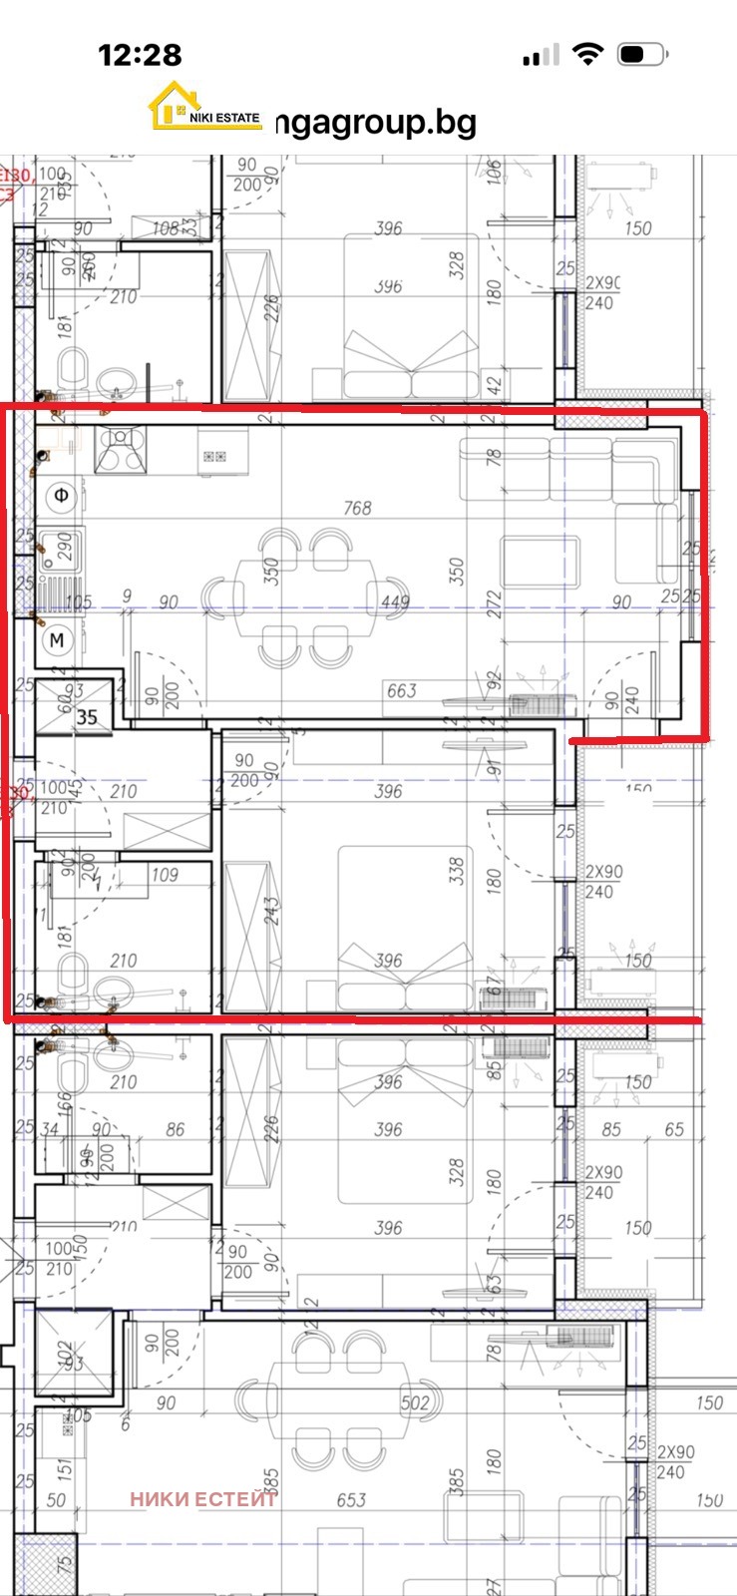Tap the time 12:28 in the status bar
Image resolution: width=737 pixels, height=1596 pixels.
[x=140, y=55]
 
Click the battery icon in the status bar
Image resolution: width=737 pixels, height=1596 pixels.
[x=642, y=55]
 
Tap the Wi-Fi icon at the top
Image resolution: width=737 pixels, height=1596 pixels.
[x=589, y=55]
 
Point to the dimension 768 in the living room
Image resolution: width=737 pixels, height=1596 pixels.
[x=357, y=508]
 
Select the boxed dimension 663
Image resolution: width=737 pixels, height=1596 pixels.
[x=402, y=690]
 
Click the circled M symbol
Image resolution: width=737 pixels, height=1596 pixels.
[x=57, y=639]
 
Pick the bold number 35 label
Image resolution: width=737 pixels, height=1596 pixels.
[x=87, y=716]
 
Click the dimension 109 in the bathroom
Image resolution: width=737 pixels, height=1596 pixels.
[x=165, y=875]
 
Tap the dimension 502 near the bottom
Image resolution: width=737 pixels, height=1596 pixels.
[x=415, y=1402]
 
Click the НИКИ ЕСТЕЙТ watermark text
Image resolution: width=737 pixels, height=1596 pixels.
[x=203, y=1498]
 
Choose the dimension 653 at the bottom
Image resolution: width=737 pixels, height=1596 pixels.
[x=351, y=1499]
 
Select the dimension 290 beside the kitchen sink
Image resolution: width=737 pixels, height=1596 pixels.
[x=65, y=546]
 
